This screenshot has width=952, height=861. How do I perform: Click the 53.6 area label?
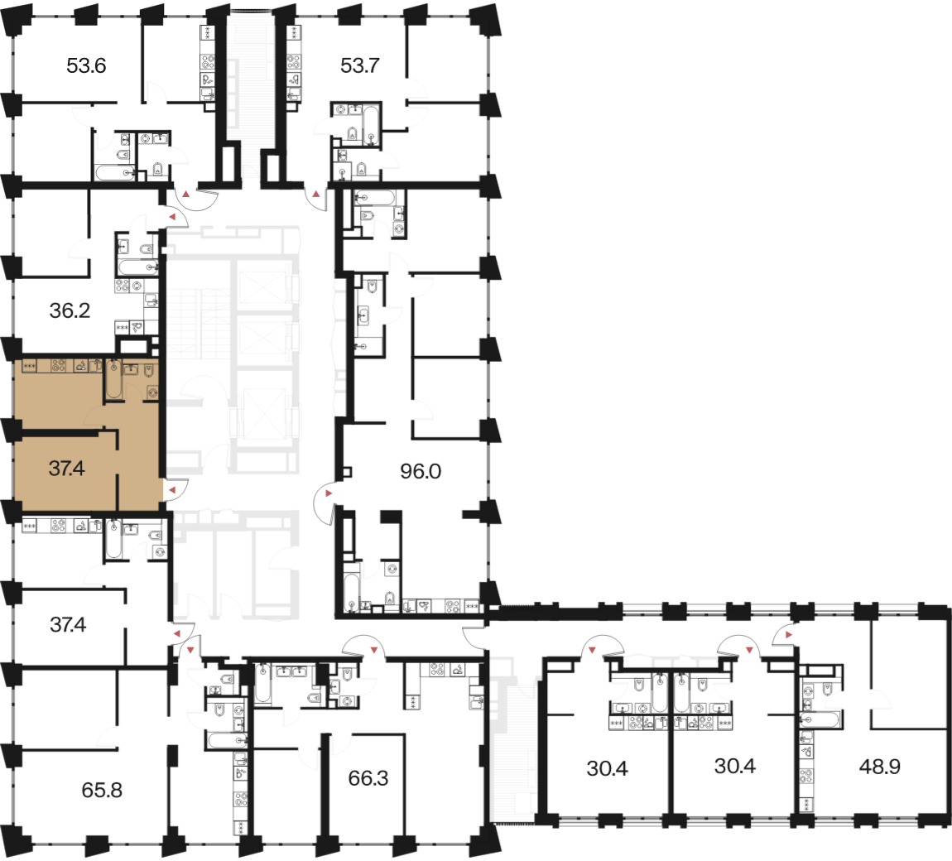coord(86,65)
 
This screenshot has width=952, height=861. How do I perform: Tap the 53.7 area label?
coord(360,65)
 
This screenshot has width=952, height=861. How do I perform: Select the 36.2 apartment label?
coord(70,311)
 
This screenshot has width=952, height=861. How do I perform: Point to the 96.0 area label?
coord(421,471)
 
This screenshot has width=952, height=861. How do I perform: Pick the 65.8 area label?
coord(102,791)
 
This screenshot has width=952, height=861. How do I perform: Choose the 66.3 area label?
coord(368,778)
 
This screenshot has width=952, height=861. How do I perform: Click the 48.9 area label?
coord(880,767)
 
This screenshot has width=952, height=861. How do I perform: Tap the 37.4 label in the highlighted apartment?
coord(67,469)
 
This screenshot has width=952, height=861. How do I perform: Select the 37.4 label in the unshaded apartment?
coord(68,625)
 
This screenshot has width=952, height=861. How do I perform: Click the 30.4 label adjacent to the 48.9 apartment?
coord(735,767)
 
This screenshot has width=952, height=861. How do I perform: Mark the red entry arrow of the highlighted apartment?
coord(172,489)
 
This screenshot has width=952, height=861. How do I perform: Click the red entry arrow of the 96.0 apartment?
coord(329,493)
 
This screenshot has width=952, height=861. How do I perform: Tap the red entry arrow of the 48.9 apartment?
coord(789,634)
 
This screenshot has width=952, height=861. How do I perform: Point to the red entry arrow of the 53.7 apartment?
coord(316,195)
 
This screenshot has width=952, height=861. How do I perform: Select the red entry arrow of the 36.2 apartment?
coord(172,216)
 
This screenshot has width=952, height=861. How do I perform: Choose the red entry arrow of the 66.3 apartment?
coord(374,651)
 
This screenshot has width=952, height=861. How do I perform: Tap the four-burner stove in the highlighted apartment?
coord(59,366)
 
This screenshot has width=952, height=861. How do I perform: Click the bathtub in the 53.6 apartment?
coord(115,173)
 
